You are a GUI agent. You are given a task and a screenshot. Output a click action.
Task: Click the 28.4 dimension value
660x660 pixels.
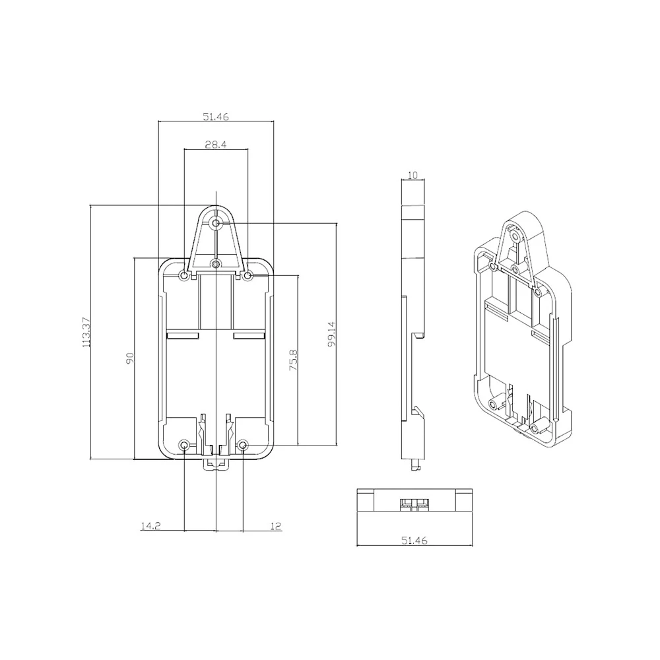(216, 145)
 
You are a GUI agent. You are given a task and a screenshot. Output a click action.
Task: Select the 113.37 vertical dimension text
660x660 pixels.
(84, 333)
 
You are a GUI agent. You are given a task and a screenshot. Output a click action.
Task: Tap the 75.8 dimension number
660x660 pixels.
(294, 360)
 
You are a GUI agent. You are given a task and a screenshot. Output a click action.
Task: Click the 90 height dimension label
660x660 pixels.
(130, 358)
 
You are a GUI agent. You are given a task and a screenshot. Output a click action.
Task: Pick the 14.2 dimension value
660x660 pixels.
(150, 526)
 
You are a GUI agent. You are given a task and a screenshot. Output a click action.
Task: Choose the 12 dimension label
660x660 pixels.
(276, 526)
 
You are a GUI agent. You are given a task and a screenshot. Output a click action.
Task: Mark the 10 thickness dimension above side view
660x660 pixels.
(413, 176)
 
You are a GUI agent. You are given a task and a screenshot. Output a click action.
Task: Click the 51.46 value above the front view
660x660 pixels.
(216, 117)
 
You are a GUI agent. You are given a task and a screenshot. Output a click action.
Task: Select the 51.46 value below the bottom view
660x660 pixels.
(414, 541)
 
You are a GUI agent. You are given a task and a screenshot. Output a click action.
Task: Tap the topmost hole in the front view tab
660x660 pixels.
(216, 224)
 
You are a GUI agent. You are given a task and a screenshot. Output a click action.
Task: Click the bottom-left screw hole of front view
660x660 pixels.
(185, 445)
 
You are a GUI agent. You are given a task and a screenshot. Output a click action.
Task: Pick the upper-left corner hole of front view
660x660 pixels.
(184, 275)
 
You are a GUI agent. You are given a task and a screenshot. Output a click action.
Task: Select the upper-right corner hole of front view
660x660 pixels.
(247, 275)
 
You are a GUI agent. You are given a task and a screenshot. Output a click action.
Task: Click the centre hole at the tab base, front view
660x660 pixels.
(216, 264)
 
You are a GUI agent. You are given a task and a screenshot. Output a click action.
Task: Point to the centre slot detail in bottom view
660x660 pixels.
(414, 504)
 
